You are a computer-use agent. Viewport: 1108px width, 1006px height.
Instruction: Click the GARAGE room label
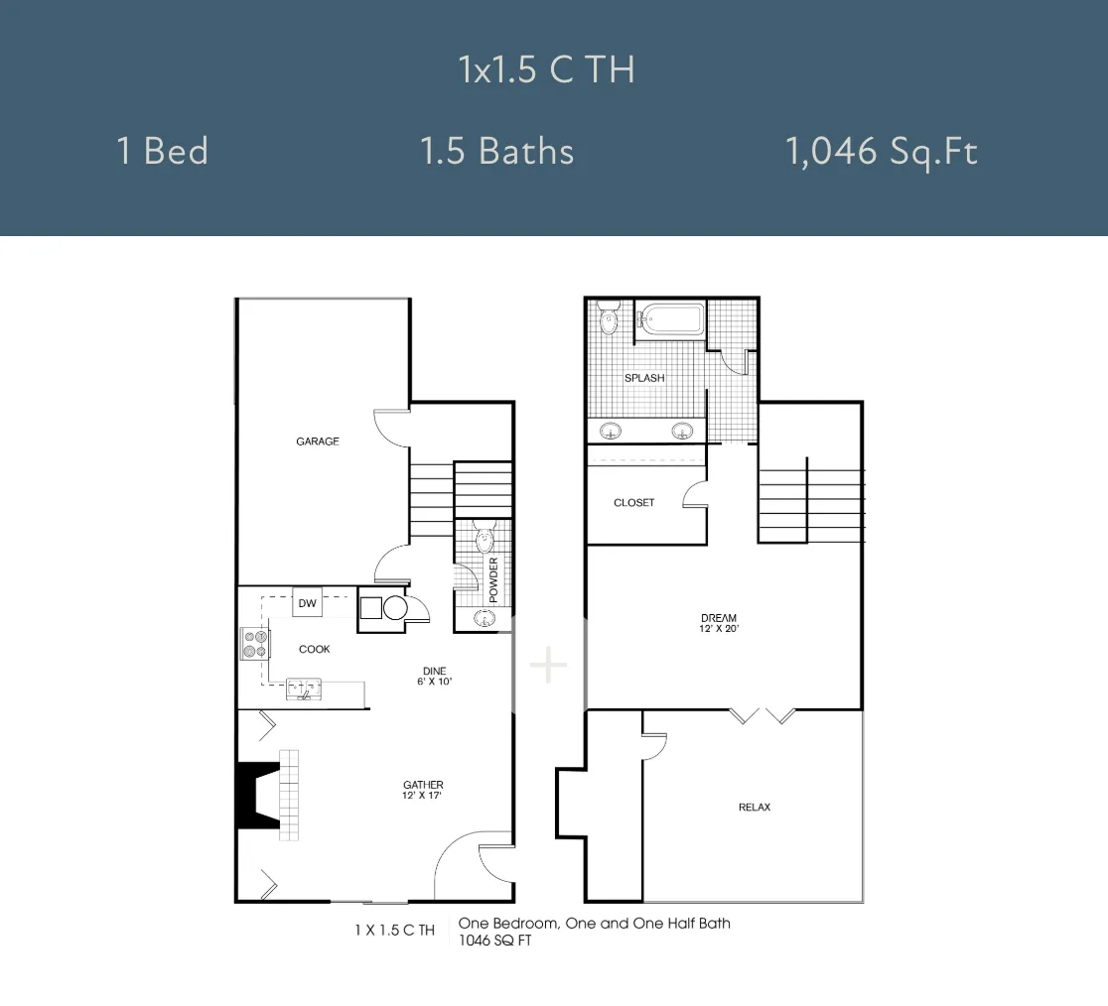click(x=318, y=441)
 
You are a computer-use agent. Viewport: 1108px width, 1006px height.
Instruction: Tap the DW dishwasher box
click(x=308, y=602)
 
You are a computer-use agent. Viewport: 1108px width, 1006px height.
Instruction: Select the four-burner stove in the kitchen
click(x=255, y=644)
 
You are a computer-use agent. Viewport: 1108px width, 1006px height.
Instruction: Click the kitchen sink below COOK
click(x=304, y=690)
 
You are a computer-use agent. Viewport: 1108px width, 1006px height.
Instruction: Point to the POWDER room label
click(x=493, y=579)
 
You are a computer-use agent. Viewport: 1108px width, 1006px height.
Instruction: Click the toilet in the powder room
click(x=485, y=538)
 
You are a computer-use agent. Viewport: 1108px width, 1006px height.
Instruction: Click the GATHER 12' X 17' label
click(x=423, y=790)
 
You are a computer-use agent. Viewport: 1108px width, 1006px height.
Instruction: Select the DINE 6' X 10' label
click(x=434, y=677)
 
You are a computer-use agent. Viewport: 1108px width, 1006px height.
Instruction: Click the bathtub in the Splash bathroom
click(x=670, y=319)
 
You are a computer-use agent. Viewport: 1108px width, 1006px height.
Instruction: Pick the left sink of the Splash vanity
click(x=611, y=430)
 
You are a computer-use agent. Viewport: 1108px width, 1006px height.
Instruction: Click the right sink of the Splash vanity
click(x=682, y=430)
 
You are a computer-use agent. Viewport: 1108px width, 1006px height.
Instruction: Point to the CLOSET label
click(x=633, y=503)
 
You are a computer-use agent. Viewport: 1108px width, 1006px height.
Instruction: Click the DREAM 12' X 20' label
click(x=719, y=623)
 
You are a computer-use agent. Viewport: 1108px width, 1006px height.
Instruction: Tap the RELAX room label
click(x=754, y=807)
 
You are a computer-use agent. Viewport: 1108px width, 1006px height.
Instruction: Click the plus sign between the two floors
click(x=548, y=665)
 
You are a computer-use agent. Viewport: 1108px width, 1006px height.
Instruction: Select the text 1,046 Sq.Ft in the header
click(x=882, y=152)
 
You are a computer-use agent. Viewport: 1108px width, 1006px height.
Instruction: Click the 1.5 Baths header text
click(x=496, y=151)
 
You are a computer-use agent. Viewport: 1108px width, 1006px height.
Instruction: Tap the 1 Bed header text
click(x=163, y=151)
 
